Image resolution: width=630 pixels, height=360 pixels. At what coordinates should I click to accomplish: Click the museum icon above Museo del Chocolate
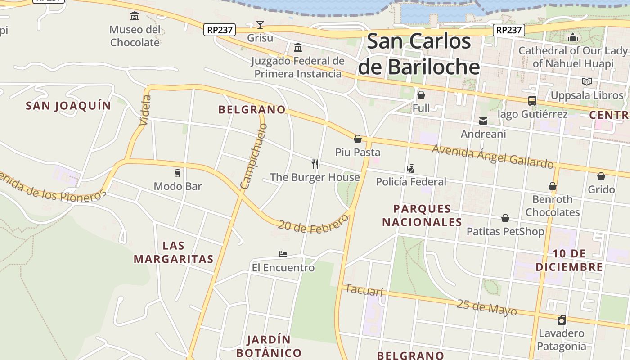[135, 17]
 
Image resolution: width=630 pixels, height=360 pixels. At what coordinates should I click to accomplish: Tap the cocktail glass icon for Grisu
[260, 24]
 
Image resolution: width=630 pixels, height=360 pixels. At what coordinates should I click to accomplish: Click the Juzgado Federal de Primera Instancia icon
[297, 47]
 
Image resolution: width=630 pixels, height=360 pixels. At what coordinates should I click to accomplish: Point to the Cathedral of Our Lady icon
[573, 37]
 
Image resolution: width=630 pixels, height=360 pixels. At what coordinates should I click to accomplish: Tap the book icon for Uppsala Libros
[587, 82]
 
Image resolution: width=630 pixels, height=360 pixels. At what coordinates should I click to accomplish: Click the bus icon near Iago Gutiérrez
[532, 101]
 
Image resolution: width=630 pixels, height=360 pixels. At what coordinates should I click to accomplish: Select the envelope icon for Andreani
[483, 121]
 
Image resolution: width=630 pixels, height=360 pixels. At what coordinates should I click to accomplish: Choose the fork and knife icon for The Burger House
[315, 164]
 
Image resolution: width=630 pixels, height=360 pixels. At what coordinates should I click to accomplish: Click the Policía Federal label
[411, 182]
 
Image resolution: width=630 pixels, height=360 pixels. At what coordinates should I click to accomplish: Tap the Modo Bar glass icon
[178, 173]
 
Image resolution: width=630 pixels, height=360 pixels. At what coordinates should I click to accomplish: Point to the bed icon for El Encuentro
[283, 254]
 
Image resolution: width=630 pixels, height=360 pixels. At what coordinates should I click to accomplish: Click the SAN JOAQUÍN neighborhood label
[68, 106]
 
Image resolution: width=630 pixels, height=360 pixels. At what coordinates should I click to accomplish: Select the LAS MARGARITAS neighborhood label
[174, 252]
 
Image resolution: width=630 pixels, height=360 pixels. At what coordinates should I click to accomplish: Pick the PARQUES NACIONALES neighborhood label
[422, 216]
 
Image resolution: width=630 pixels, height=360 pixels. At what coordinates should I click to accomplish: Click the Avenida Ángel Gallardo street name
[492, 156]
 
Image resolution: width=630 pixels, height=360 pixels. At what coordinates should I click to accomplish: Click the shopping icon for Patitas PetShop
[505, 219]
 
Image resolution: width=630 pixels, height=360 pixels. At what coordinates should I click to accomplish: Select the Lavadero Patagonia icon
[561, 320]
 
